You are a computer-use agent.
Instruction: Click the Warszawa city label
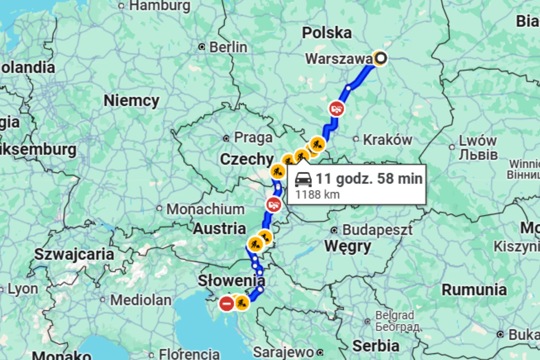(338, 59)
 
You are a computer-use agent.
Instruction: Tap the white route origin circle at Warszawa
(380, 58)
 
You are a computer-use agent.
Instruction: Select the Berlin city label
(228, 47)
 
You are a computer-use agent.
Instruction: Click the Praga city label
(253, 138)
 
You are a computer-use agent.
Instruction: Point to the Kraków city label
(387, 139)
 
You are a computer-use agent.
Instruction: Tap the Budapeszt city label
(377, 230)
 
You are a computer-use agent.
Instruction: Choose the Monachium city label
(205, 209)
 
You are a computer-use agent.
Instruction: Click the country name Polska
(327, 33)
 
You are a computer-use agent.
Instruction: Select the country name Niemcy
(131, 101)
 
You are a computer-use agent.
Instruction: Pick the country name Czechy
(247, 159)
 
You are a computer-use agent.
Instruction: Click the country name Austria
(219, 229)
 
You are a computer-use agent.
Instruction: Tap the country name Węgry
(347, 247)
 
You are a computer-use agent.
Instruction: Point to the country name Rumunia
(474, 290)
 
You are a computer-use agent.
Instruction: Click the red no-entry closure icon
(227, 303)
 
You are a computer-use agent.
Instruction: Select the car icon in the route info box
(303, 179)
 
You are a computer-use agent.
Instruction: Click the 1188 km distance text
(317, 194)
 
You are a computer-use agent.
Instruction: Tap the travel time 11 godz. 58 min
(369, 179)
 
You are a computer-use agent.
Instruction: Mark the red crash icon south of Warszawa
(336, 109)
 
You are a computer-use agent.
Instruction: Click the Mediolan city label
(140, 300)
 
